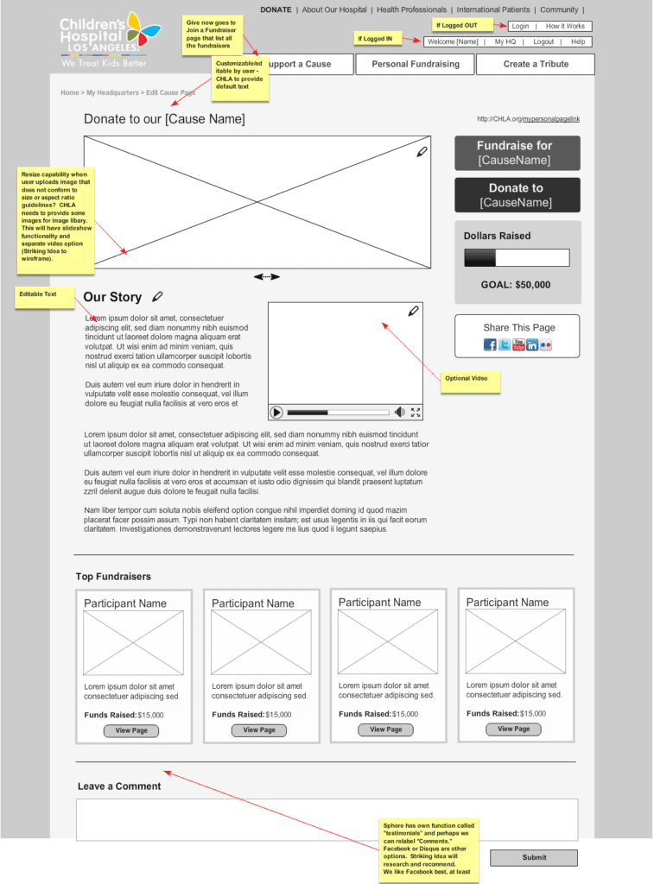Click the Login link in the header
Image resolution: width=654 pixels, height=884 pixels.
[520, 26]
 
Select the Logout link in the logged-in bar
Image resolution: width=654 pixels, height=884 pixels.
[543, 41]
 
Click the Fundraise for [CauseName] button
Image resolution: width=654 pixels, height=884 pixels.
[517, 153]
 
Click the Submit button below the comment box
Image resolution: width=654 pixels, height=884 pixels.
[534, 857]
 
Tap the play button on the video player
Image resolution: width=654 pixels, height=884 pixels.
[277, 413]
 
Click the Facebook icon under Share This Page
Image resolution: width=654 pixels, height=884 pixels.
[490, 345]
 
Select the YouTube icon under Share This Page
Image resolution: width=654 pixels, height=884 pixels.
[518, 345]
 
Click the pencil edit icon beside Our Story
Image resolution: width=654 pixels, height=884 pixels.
[157, 297]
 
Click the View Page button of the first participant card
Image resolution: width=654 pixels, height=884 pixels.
[131, 731]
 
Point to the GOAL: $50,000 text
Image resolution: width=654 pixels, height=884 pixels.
[516, 285]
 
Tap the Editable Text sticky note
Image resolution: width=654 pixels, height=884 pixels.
[43, 296]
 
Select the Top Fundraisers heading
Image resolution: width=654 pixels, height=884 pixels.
[113, 577]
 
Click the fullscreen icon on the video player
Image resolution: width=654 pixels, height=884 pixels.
[416, 413]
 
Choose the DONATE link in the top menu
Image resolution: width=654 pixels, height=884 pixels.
[276, 10]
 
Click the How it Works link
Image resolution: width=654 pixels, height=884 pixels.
[565, 26]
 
